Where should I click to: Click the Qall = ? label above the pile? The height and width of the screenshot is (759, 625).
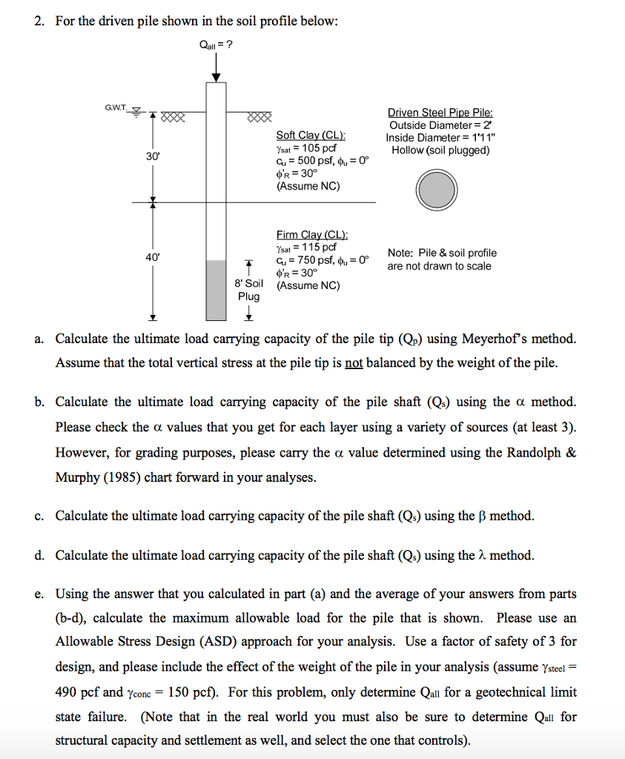[216, 44]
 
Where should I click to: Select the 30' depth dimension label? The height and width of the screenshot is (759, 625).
[151, 157]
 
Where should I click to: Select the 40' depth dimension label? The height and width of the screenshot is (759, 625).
[153, 256]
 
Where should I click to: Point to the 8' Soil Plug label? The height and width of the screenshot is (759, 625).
[249, 290]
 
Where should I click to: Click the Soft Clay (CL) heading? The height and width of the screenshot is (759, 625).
[311, 135]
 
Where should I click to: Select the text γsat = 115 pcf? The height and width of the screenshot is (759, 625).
[306, 248]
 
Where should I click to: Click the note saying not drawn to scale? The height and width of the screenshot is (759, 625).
[442, 259]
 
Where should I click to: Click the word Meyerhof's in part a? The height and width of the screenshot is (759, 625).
[498, 339]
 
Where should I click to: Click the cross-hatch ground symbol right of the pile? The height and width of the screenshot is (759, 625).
[261, 116]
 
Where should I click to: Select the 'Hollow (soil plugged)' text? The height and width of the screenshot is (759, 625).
[440, 150]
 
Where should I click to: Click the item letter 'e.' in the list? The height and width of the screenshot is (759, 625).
[39, 594]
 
